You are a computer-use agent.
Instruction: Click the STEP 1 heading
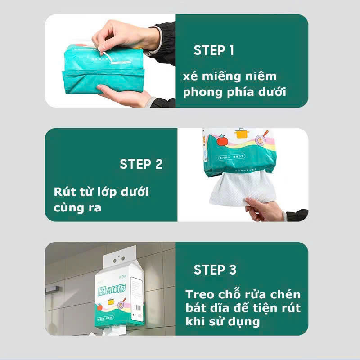tap(214, 50)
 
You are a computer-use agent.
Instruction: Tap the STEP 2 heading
tap(141, 164)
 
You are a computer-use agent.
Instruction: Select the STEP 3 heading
tap(215, 270)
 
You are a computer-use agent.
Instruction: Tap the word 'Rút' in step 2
tap(64, 192)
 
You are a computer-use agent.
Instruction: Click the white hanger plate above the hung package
tap(119, 261)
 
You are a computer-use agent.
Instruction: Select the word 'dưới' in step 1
tap(273, 93)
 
